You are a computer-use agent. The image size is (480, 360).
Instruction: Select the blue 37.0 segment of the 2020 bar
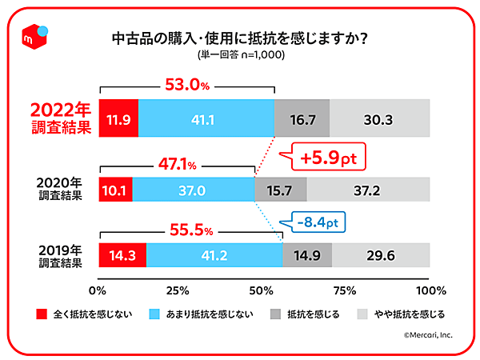tap(193, 190)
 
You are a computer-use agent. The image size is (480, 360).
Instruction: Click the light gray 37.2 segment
tap(369, 190)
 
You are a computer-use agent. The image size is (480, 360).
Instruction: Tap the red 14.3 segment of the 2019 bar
tap(122, 257)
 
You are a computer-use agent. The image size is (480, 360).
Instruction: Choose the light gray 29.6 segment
tap(382, 257)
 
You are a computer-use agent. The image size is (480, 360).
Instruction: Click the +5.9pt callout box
tap(326, 158)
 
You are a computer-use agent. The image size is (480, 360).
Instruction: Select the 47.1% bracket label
tap(175, 165)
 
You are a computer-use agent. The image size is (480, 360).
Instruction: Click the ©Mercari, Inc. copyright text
tap(427, 336)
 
